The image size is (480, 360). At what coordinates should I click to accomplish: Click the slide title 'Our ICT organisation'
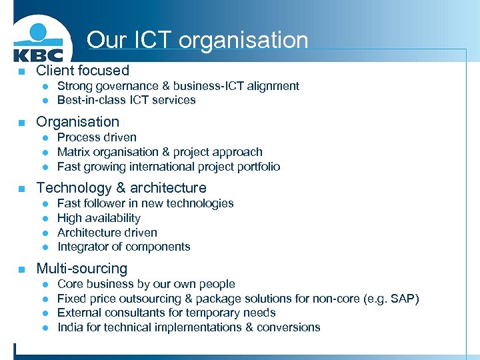[x=197, y=40]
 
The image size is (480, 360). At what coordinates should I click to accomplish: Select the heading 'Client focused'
[x=83, y=70]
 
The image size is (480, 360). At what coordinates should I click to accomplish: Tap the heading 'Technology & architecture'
[x=121, y=188]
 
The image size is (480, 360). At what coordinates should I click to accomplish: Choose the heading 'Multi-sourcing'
[x=81, y=269]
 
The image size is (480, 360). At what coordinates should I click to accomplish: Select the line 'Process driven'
[x=97, y=137]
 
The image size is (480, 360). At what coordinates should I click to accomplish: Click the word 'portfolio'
[x=256, y=167]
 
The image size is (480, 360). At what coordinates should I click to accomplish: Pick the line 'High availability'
[x=99, y=218]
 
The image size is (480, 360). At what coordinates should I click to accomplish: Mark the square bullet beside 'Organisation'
[x=22, y=123]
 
